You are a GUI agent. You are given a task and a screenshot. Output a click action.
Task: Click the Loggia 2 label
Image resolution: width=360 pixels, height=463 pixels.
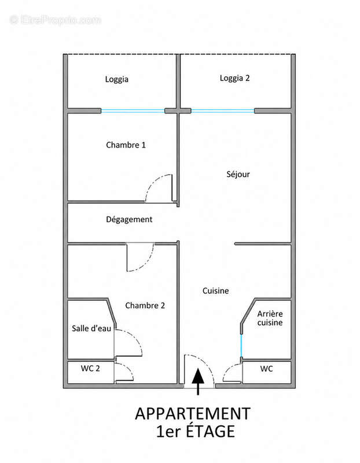coord(234,78)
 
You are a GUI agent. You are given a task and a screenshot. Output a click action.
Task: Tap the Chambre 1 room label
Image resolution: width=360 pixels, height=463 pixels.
coord(126,145)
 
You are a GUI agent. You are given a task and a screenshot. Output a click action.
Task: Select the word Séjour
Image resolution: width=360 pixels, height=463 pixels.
coord(238,174)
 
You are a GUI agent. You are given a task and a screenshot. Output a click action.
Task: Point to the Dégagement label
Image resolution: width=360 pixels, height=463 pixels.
coord(129,219)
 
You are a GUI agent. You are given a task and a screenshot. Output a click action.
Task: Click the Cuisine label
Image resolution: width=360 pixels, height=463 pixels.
coord(215,291)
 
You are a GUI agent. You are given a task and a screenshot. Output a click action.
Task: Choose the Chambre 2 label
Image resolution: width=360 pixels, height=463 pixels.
coord(145,306)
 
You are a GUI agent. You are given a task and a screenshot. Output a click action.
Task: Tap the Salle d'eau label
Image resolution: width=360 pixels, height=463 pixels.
coord(91,328)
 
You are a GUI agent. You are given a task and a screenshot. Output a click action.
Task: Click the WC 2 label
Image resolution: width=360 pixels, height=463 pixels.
coord(90,369)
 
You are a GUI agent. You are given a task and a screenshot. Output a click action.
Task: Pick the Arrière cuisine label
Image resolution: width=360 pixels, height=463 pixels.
coord(270,318)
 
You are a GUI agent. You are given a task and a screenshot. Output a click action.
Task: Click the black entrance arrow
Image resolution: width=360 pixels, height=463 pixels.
coord(198,381)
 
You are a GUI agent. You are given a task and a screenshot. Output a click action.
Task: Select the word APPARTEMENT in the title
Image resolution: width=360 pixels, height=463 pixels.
coord(193,414)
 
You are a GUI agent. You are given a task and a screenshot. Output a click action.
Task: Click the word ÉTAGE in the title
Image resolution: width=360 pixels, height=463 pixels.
coord(210,431)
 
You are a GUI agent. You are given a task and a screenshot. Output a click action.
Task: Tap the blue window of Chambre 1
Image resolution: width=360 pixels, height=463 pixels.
coord(133,111)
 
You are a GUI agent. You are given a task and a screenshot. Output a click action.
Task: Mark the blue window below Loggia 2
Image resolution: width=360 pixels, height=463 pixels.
coord(223,111)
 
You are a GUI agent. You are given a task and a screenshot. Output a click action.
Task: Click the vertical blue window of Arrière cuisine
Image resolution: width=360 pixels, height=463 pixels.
coord(241,346)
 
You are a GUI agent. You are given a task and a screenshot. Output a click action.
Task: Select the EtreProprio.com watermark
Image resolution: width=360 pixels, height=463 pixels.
coord(55,20)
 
